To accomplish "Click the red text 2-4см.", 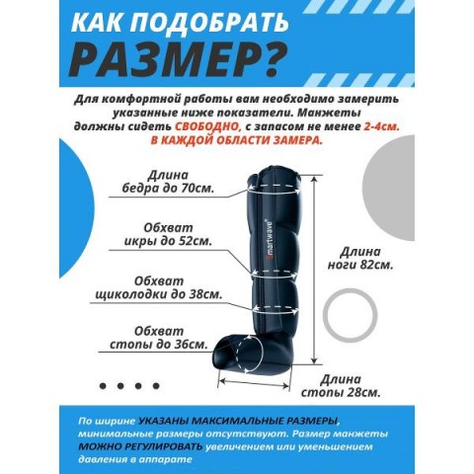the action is pyautogui.click(x=381, y=126).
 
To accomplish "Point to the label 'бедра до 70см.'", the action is pyautogui.click(x=169, y=189).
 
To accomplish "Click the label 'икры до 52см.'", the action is pyautogui.click(x=168, y=241).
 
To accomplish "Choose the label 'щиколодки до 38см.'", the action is pyautogui.click(x=159, y=294).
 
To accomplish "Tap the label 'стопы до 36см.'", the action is pyautogui.click(x=159, y=345).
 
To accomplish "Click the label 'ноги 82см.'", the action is pyautogui.click(x=360, y=265).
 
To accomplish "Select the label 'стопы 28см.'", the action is pyautogui.click(x=341, y=393).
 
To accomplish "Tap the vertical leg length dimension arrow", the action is pyautogui.click(x=314, y=270).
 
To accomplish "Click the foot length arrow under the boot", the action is pyautogui.click(x=254, y=385).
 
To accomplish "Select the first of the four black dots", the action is pyautogui.click(x=103, y=385).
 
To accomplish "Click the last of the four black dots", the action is pyautogui.click(x=156, y=385).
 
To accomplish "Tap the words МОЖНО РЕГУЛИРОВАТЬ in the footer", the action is pyautogui.click(x=140, y=446).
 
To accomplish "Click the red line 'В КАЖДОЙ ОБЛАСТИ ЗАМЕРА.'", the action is pyautogui.click(x=236, y=140).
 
